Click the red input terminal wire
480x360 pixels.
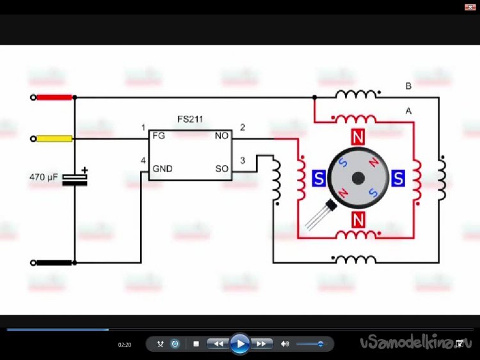click(x=54, y=97)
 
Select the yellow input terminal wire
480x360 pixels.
click(x=54, y=138)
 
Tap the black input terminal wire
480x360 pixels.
click(x=54, y=262)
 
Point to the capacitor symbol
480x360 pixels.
click(x=75, y=179)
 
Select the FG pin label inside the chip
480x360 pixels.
click(x=159, y=136)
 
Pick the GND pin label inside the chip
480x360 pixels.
click(x=163, y=169)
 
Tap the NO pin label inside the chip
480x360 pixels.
click(x=222, y=136)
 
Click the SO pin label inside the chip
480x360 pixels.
click(x=222, y=169)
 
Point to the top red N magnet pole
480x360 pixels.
click(x=358, y=137)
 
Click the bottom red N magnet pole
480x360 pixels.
click(x=358, y=220)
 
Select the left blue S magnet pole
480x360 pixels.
click(x=318, y=178)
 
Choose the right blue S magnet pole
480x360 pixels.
click(x=398, y=178)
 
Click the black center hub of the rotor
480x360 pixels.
click(x=358, y=178)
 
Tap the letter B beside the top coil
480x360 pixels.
click(x=409, y=86)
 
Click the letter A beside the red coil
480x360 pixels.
click(x=408, y=111)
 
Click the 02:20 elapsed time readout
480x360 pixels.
click(x=125, y=345)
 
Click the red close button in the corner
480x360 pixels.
click(x=467, y=6)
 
